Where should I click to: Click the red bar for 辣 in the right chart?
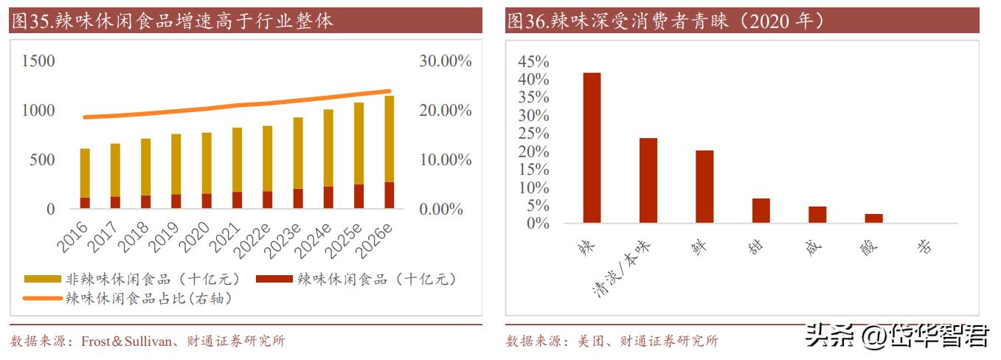click(x=592, y=148)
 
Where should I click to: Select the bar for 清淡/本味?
click(x=648, y=180)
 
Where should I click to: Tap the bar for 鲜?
click(x=704, y=186)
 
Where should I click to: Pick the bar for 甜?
click(x=761, y=210)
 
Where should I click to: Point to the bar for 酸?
click(x=873, y=218)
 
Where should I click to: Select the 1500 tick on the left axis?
click(x=38, y=61)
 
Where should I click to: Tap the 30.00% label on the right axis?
click(x=445, y=61)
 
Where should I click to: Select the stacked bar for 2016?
click(x=85, y=178)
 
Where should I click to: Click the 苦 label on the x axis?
click(x=924, y=246)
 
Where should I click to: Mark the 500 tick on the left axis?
click(x=42, y=160)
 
